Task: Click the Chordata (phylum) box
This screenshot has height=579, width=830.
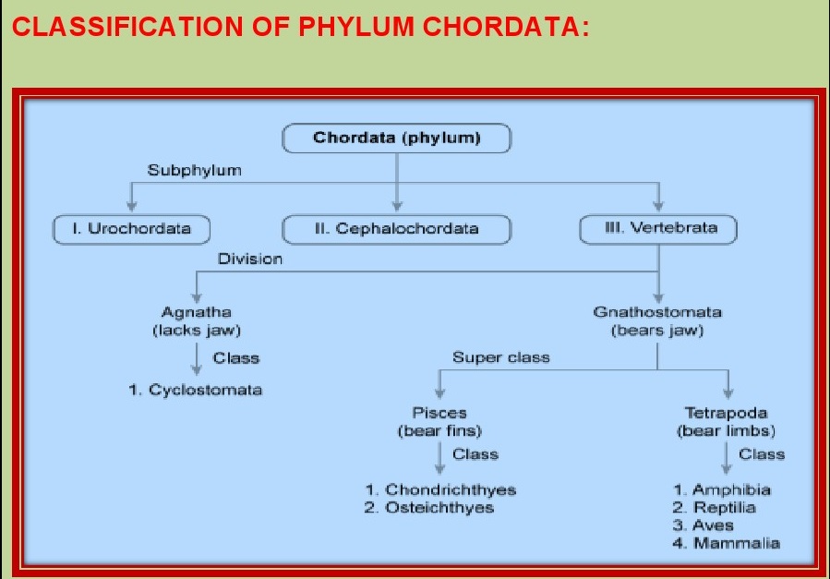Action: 396,139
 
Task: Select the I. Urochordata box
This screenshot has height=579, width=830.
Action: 130,228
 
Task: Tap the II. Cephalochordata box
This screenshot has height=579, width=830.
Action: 396,228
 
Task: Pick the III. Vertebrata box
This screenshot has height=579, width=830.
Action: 659,227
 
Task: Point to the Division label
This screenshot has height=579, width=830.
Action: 250,259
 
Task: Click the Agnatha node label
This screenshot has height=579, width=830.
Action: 196,312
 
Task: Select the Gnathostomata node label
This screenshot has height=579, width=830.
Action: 657,312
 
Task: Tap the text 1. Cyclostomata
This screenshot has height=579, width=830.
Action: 196,390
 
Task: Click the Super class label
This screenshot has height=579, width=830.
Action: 500,357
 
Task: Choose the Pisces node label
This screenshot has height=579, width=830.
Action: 439,413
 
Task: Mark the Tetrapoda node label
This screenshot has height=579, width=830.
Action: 726,413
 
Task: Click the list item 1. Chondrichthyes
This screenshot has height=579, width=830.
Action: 439,489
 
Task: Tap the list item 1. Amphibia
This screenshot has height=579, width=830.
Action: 722,489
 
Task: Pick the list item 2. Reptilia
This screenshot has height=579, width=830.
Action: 715,508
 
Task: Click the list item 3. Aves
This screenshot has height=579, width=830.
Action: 704,525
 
